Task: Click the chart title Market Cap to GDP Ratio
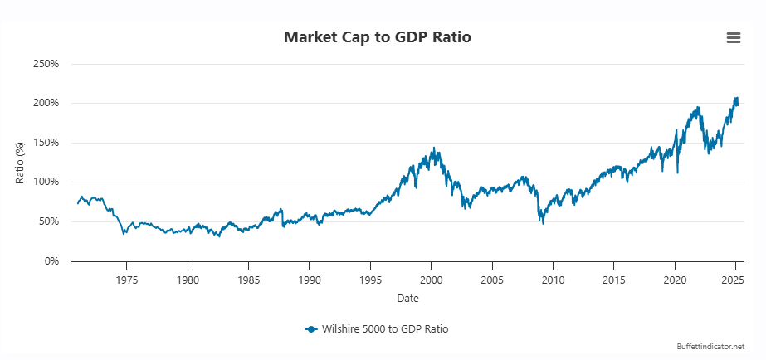[x=383, y=37]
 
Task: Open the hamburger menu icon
[x=733, y=37]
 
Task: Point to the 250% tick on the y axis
[x=46, y=64]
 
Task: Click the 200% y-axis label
[x=46, y=103]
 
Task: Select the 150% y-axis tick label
[x=46, y=143]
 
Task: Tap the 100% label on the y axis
[x=46, y=182]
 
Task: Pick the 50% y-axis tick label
[x=48, y=221]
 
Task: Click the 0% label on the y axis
[x=51, y=261]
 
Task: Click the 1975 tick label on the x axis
[x=127, y=280]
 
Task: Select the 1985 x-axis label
[x=249, y=280]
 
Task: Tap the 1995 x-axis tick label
[x=370, y=280]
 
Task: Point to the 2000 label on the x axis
[x=432, y=280]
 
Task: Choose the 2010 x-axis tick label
[x=554, y=280]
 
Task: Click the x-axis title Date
[x=407, y=298]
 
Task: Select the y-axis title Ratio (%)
[x=21, y=163]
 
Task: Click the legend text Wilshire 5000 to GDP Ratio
[x=385, y=329]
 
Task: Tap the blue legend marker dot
[x=310, y=329]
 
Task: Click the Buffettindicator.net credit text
[x=710, y=346]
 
